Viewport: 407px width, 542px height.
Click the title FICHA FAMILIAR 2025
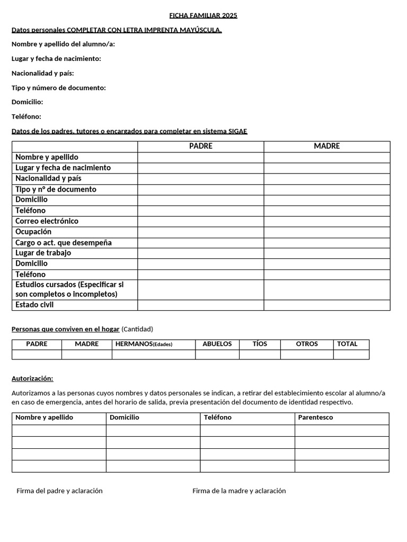tap(203, 15)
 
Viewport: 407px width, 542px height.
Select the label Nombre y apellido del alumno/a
tap(63, 44)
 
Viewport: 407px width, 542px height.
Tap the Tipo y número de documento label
tap(59, 88)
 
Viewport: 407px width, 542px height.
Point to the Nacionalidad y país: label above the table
tap(43, 73)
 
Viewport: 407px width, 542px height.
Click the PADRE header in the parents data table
tap(201, 146)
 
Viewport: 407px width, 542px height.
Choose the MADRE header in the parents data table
tap(327, 146)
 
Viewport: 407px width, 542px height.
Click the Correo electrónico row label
tap(47, 221)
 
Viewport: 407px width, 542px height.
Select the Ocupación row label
tap(33, 232)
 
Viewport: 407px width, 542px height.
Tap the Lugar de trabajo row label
tap(43, 253)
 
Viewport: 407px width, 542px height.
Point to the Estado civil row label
tap(34, 305)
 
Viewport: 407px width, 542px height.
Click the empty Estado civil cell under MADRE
tap(327, 305)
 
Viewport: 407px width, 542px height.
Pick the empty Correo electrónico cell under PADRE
tap(201, 221)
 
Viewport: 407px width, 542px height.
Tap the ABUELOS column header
tap(217, 344)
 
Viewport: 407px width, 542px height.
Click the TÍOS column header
tap(260, 344)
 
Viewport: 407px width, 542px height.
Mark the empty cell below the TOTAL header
tap(351, 355)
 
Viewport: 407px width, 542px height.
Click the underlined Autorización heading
tap(32, 378)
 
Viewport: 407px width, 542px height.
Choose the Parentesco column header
tap(315, 418)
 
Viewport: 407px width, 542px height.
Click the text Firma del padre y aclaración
tap(59, 491)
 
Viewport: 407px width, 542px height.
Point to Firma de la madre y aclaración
tap(239, 491)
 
